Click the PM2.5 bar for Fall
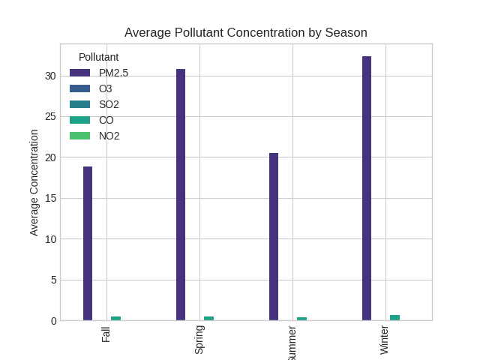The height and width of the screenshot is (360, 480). click(88, 244)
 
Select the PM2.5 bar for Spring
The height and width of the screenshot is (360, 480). click(181, 195)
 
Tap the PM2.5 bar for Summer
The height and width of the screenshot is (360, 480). click(274, 237)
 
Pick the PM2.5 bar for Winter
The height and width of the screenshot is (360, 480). click(367, 188)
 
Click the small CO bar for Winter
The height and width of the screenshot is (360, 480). click(394, 318)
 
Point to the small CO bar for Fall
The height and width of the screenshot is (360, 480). click(115, 319)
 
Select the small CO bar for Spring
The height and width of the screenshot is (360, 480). click(208, 319)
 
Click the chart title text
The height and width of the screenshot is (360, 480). click(245, 32)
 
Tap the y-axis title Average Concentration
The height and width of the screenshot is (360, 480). click(34, 182)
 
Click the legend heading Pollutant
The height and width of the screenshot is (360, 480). click(98, 57)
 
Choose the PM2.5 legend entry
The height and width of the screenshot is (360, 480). click(113, 73)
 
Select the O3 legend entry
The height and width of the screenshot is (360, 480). click(105, 88)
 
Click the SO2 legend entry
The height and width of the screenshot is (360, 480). click(109, 104)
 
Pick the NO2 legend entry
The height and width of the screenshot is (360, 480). click(109, 136)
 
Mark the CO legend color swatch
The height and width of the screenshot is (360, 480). click(79, 120)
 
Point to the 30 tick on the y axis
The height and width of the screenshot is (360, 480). click(50, 76)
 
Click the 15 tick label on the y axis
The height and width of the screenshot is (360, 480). click(50, 198)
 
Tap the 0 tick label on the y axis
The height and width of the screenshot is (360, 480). click(53, 321)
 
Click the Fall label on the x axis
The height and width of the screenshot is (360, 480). click(106, 334)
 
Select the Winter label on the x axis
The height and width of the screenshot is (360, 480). click(385, 340)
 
